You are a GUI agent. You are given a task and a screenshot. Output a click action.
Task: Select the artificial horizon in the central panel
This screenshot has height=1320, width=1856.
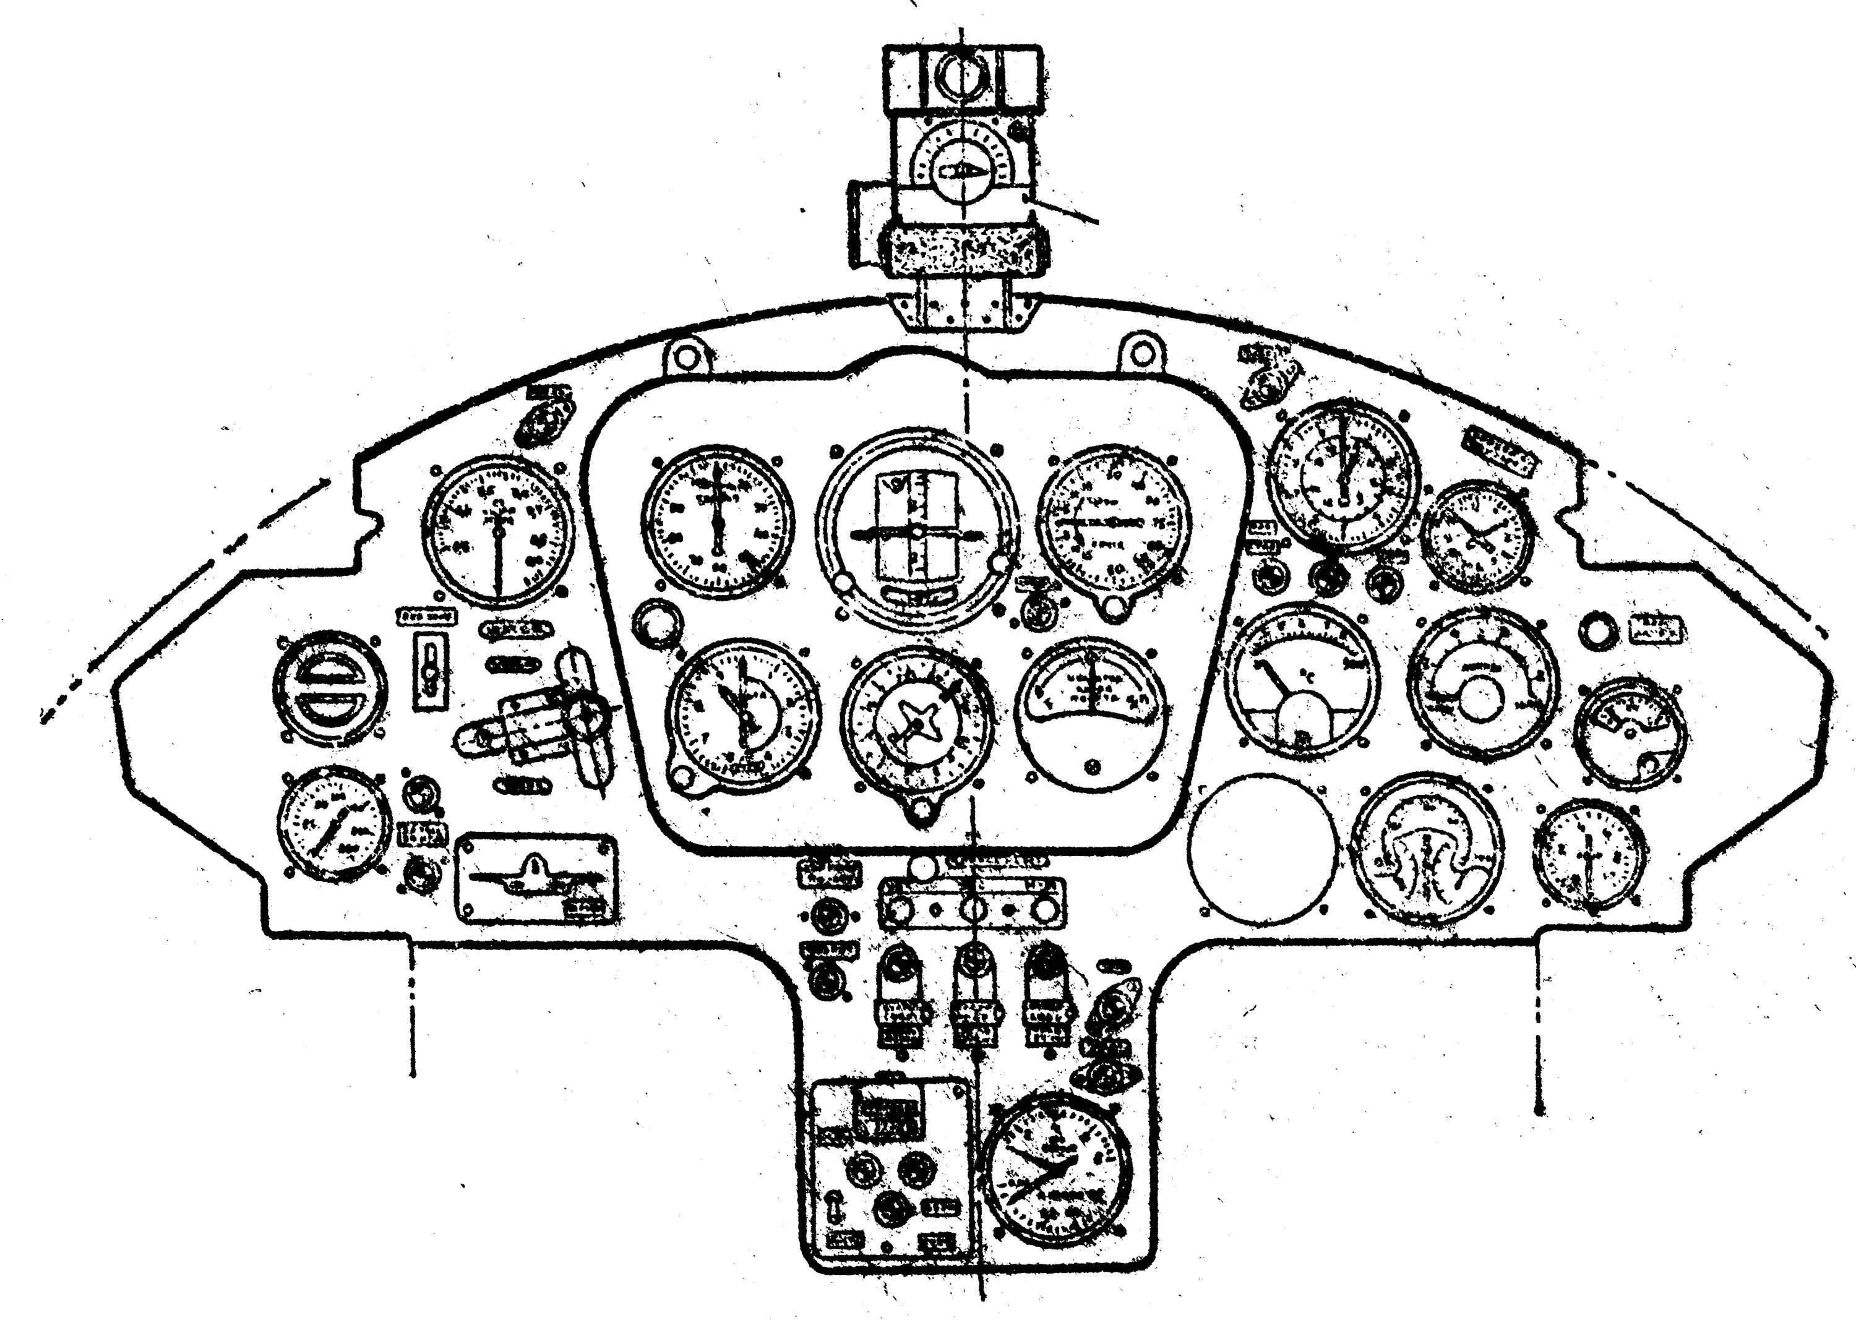click(x=917, y=529)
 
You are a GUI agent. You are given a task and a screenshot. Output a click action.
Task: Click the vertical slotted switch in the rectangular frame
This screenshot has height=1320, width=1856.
click(x=430, y=670)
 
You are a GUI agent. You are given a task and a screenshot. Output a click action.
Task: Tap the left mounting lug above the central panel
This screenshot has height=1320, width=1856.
click(x=687, y=357)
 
